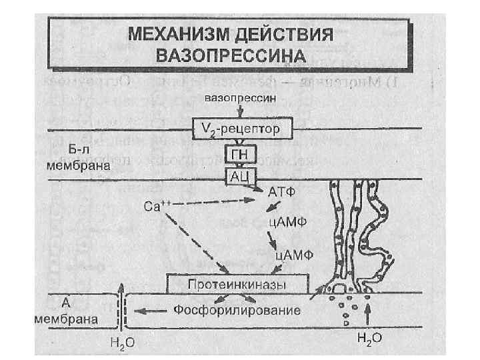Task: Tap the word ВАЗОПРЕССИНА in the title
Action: click(231, 53)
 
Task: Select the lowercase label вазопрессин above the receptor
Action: click(231, 97)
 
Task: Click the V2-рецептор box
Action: click(233, 127)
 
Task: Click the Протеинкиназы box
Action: click(237, 285)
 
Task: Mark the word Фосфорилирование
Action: click(236, 310)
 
